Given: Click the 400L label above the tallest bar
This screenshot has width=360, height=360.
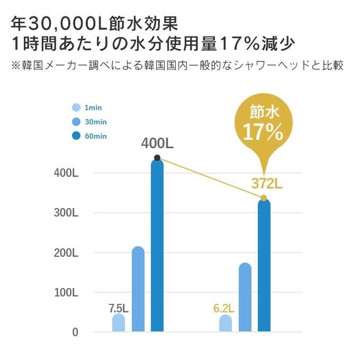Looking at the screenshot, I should click(158, 143).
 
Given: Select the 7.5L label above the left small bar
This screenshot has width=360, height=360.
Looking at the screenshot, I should click(119, 308).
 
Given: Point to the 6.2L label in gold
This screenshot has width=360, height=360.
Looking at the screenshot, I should click(224, 308).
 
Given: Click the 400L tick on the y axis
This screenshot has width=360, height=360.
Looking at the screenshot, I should click(66, 173).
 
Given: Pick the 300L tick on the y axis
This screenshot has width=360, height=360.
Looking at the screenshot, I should click(66, 213).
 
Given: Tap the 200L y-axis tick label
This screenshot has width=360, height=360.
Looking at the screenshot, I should click(66, 253).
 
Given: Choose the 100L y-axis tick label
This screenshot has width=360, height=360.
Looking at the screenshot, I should click(66, 292).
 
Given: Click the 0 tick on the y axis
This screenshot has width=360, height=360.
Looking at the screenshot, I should click(75, 332).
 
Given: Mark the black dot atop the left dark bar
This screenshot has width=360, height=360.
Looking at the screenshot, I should click(157, 158).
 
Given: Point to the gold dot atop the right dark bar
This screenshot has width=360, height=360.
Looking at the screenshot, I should click(264, 198).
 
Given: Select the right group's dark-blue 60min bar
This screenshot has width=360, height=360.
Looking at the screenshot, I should click(264, 265).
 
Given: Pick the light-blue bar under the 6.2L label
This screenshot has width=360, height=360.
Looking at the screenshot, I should click(226, 323).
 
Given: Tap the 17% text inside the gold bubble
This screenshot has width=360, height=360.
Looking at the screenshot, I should click(263, 132).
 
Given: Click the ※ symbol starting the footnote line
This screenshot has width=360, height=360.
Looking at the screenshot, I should click(16, 67).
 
